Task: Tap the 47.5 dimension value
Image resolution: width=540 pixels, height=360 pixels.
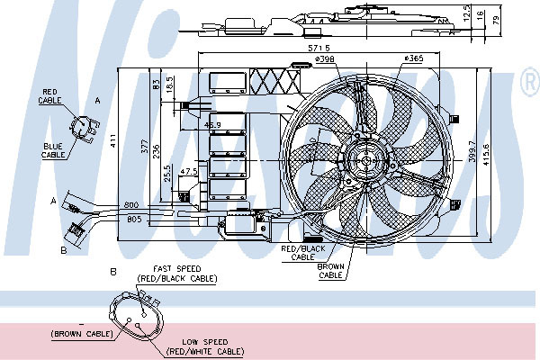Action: point(188,171)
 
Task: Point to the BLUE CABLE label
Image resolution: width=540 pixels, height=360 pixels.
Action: point(53,149)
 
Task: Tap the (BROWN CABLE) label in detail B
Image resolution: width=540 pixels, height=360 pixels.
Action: point(82,334)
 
